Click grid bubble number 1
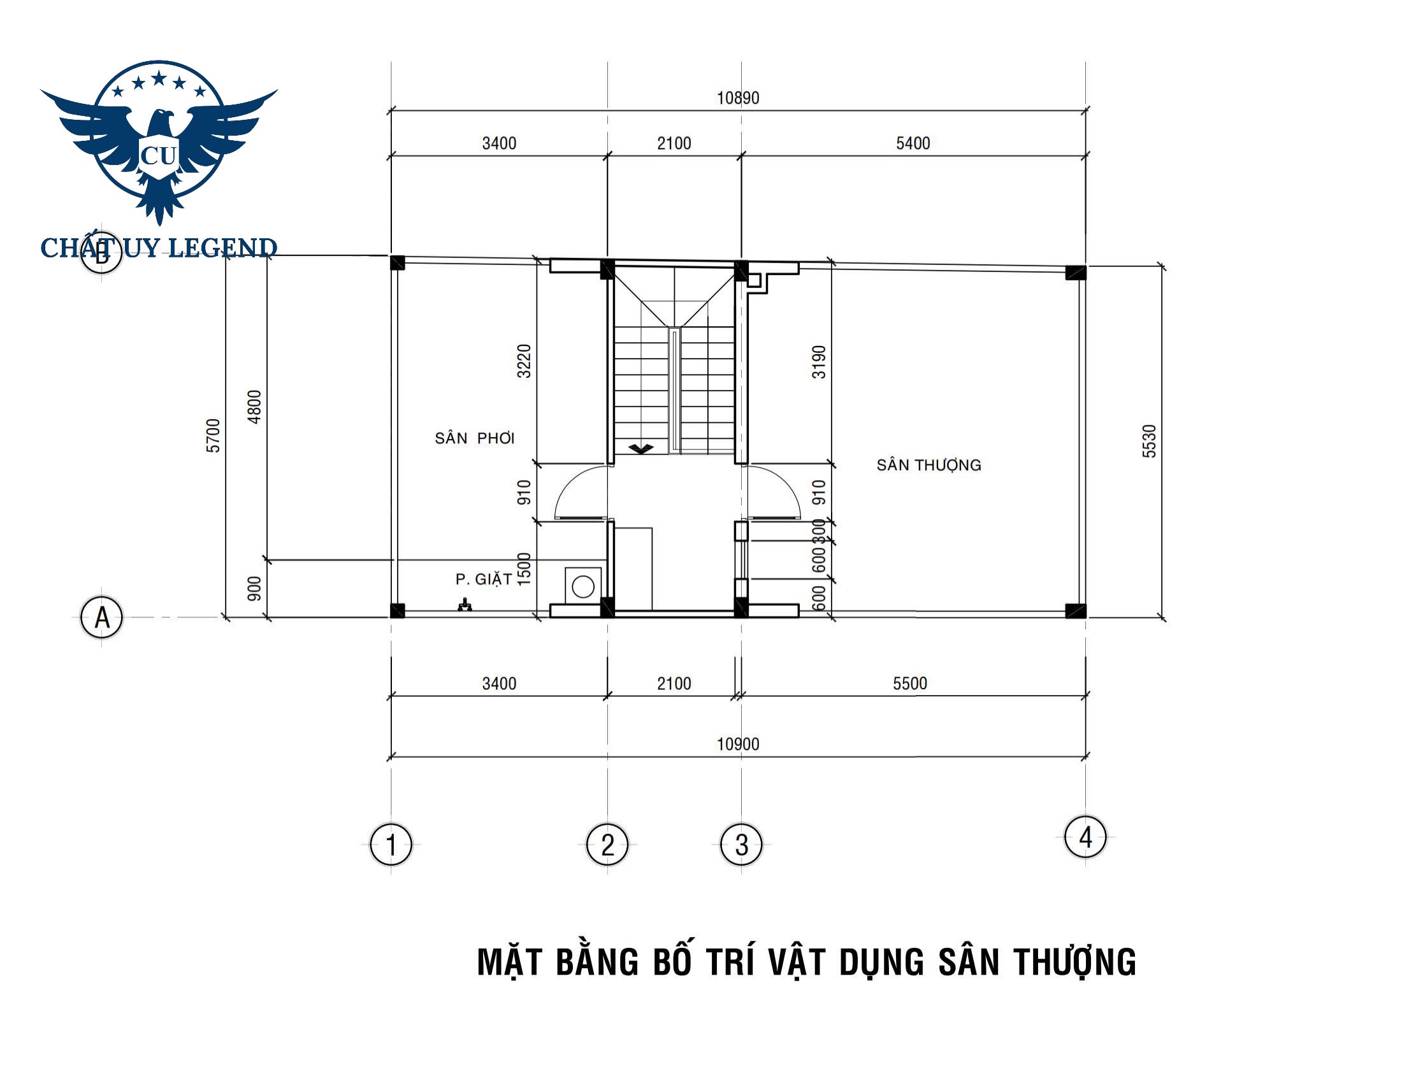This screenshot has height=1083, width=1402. [x=391, y=844]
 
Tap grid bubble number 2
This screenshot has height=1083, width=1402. [x=607, y=844]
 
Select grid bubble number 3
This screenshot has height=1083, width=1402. [x=741, y=844]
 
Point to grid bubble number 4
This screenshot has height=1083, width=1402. [x=1085, y=836]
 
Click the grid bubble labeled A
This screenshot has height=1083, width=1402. [x=101, y=617]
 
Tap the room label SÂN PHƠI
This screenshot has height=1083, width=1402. [x=474, y=438]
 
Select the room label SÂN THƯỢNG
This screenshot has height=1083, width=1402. [x=929, y=465]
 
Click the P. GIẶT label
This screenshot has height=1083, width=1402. [x=484, y=579]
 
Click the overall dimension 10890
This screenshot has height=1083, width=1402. [x=738, y=98]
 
